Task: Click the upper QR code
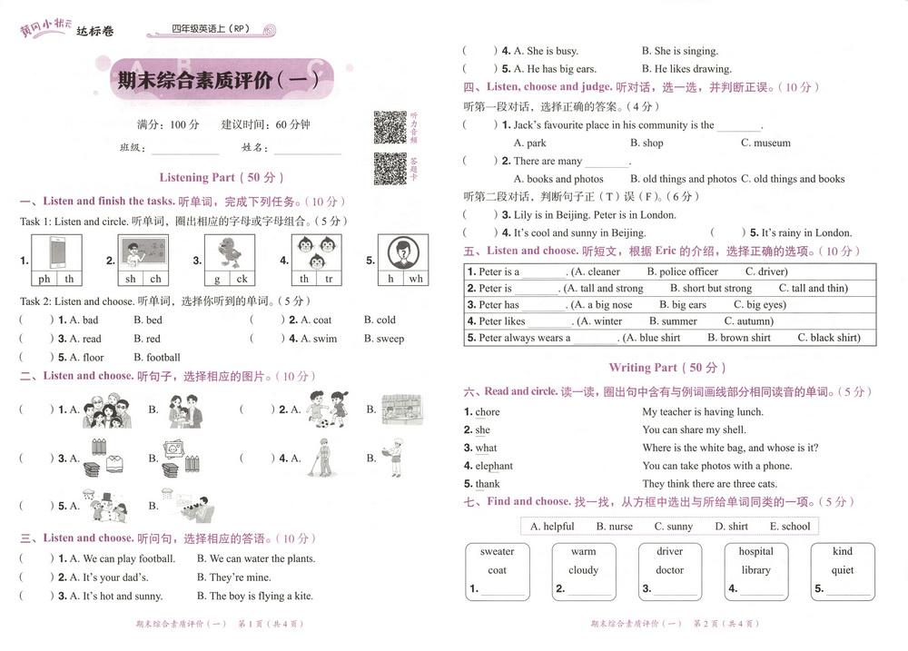click(x=390, y=128)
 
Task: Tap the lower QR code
click(x=390, y=168)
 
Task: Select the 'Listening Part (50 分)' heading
click(x=222, y=177)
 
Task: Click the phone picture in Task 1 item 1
click(x=56, y=251)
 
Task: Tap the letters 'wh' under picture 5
click(x=416, y=279)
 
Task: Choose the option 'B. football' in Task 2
click(x=157, y=358)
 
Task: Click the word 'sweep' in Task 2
click(x=390, y=339)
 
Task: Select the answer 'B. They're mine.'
click(x=233, y=577)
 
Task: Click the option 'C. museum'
click(x=765, y=143)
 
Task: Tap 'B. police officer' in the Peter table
click(x=682, y=271)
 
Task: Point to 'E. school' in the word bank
click(x=790, y=527)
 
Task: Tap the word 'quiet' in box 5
click(x=843, y=570)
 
